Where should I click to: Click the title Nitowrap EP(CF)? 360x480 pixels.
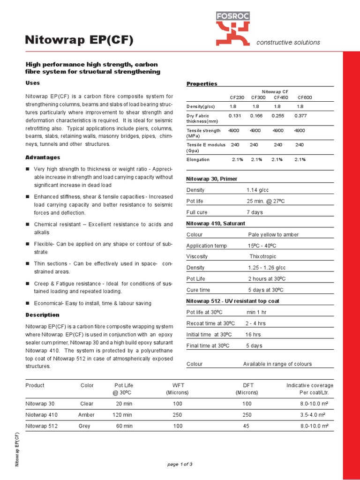pyautogui.click(x=79, y=41)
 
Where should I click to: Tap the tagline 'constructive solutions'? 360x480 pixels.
pyautogui.click(x=288, y=42)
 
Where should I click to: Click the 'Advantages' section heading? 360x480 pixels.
pyautogui.click(x=43, y=157)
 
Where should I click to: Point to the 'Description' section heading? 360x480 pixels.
pyautogui.click(x=42, y=315)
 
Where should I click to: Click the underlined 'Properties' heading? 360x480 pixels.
pyautogui.click(x=202, y=84)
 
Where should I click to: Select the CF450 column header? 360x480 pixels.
pyautogui.click(x=281, y=97)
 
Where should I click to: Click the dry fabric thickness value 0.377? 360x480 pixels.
pyautogui.click(x=301, y=115)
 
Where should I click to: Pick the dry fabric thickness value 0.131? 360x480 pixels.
pyautogui.click(x=235, y=115)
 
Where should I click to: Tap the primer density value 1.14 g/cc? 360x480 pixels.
pyautogui.click(x=257, y=190)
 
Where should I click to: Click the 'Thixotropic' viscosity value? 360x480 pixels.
pyautogui.click(x=262, y=256)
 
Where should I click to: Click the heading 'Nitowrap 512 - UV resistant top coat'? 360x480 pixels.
pyautogui.click(x=232, y=301)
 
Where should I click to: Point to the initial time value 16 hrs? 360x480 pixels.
pyautogui.click(x=253, y=335)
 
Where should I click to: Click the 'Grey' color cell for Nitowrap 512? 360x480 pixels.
pyautogui.click(x=87, y=426)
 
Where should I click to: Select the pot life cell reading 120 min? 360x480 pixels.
pyautogui.click(x=122, y=415)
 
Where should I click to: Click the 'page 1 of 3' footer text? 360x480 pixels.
pyautogui.click(x=180, y=465)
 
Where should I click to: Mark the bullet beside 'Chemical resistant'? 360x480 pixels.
pyautogui.click(x=28, y=225)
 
